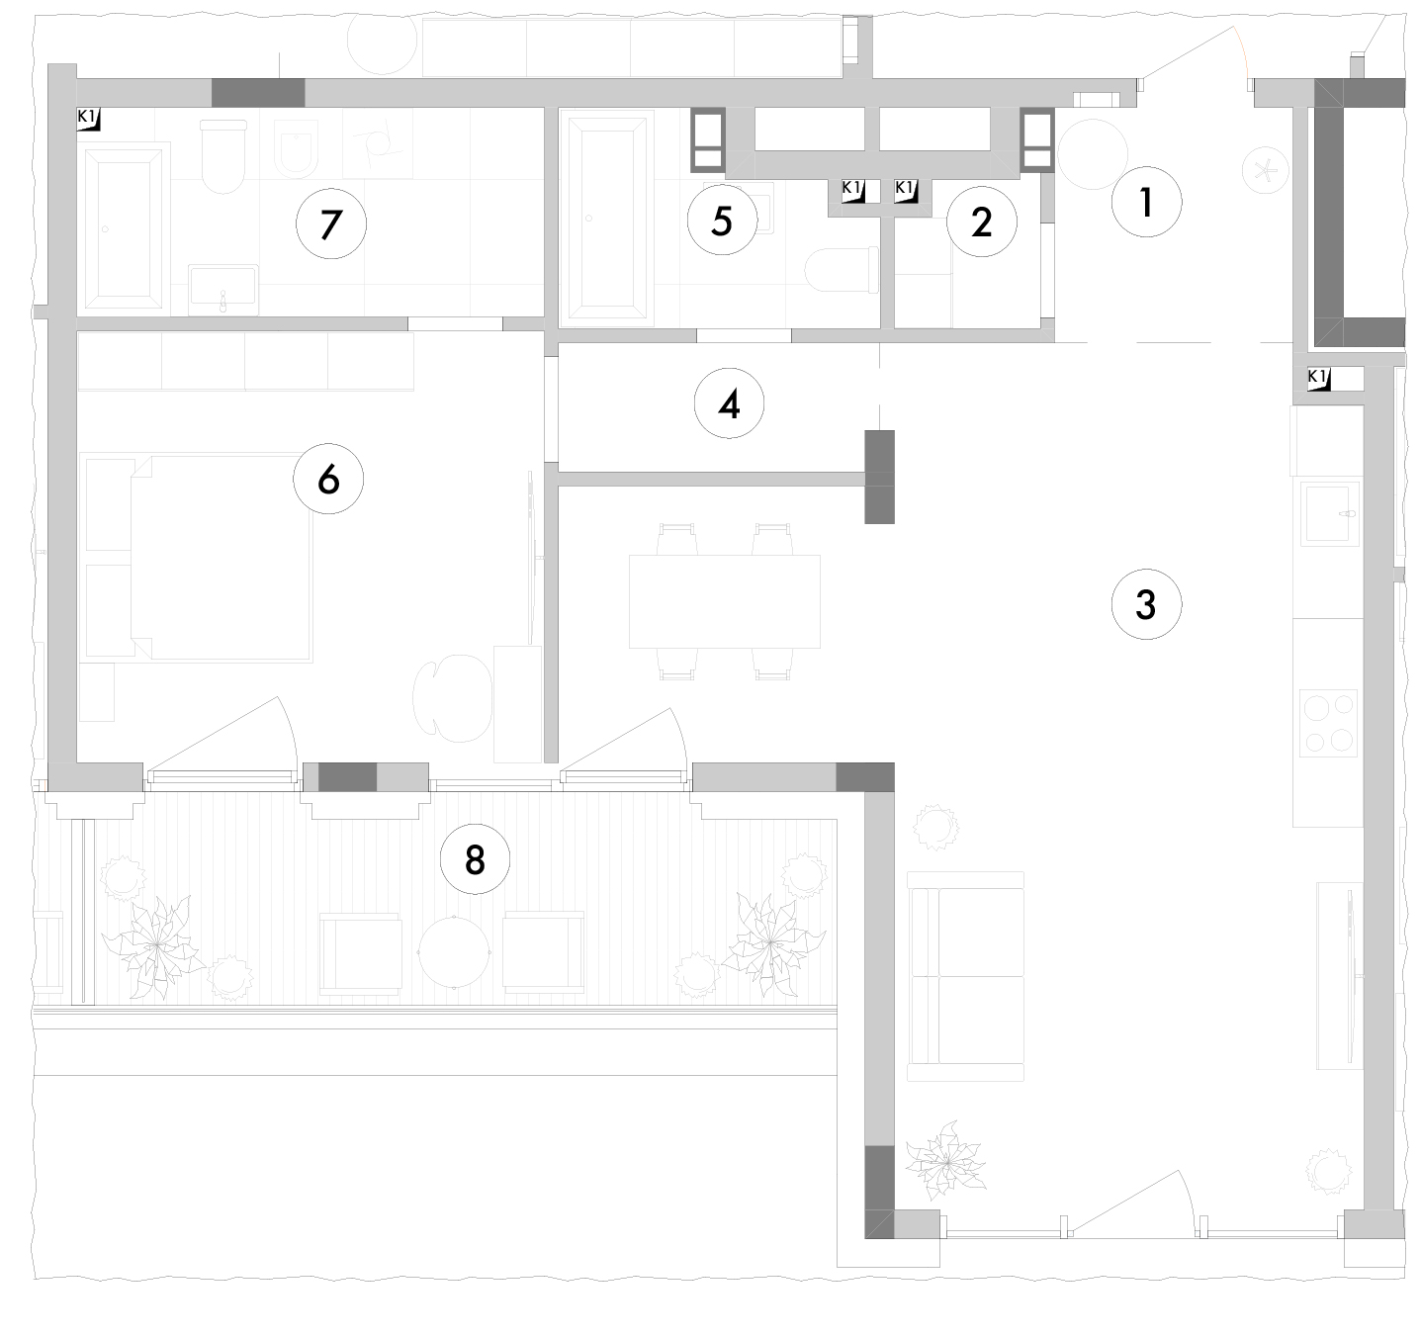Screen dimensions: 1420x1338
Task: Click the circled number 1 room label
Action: tap(1146, 202)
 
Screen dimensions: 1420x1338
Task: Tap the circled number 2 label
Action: tap(981, 222)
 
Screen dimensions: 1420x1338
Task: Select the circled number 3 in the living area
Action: tap(1146, 604)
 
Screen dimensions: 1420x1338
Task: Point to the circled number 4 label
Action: tap(729, 404)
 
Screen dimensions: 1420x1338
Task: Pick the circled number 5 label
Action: tap(722, 220)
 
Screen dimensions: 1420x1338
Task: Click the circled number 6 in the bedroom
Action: tap(328, 479)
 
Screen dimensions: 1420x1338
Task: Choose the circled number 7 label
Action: tap(331, 223)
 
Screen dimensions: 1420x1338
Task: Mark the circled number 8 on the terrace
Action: tap(475, 858)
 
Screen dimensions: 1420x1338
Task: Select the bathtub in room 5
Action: tap(607, 219)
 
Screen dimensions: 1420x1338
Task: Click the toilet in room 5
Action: tap(842, 270)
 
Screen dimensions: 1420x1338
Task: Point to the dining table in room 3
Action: tap(724, 601)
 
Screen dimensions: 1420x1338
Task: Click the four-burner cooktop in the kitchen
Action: tap(1328, 723)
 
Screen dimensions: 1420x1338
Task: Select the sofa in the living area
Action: tap(965, 976)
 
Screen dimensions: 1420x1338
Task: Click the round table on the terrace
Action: tap(454, 952)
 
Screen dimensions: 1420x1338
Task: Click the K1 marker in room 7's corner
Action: tap(89, 119)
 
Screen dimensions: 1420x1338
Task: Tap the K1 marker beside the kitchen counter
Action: tap(1318, 379)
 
